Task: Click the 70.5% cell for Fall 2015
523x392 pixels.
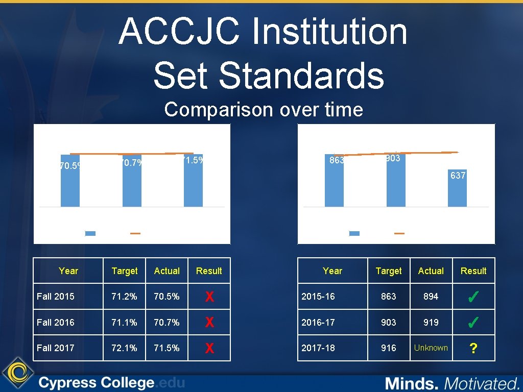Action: point(167,296)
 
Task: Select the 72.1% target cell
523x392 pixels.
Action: point(124,348)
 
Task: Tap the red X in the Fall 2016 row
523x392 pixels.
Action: point(209,323)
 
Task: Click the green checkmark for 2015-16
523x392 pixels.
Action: point(473,297)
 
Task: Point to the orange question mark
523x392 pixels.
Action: point(473,349)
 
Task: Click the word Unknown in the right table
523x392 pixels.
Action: point(431,348)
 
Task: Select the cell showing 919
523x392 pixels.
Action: point(431,322)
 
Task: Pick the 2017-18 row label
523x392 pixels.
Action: point(318,348)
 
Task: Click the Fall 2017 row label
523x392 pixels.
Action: point(55,348)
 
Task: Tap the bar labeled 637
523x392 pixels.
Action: point(457,191)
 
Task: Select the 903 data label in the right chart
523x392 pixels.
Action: point(393,159)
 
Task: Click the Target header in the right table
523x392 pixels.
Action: point(388,271)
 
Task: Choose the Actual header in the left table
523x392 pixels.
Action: point(167,271)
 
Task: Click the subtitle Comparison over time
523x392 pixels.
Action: point(264,109)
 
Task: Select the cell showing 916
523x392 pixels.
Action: point(388,348)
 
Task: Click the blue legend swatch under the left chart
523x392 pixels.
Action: point(90,233)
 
